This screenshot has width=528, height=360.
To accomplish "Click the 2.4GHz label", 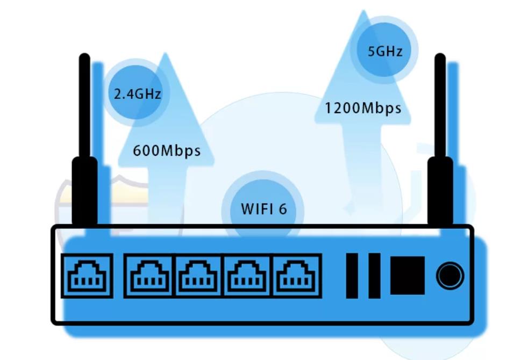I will point(137,94).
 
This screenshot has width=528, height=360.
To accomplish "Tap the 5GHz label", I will point(384,52).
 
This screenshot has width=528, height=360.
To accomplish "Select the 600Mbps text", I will point(166,150).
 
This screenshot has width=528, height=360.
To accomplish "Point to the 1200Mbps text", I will point(363,108).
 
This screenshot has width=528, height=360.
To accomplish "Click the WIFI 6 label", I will point(263,208).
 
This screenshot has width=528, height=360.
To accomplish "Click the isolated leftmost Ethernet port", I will point(87,276).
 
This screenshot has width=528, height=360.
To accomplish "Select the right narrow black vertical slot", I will point(374,276).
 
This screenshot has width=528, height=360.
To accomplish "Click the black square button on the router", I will point(407,276).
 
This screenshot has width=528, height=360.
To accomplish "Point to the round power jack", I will point(449,276).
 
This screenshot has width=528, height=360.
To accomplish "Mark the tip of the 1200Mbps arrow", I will point(363,12).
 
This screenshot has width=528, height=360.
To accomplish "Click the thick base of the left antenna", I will point(85,191).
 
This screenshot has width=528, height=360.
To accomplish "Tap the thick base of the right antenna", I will point(440,191).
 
